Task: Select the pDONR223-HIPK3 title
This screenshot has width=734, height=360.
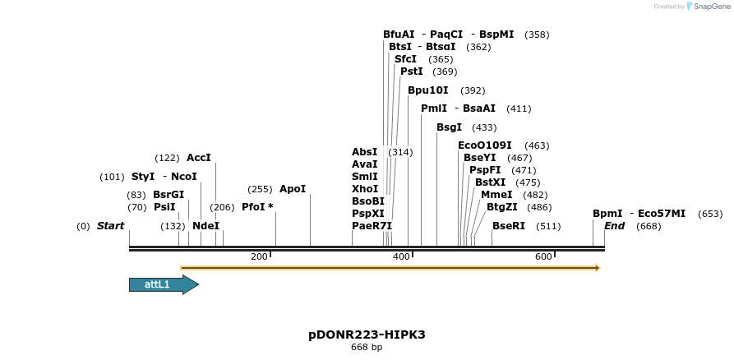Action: [367, 335]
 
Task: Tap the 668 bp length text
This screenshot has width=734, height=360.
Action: [367, 348]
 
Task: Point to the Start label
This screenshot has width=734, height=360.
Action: [110, 226]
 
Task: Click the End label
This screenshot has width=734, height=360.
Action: [615, 226]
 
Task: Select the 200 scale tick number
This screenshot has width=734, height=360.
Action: [259, 257]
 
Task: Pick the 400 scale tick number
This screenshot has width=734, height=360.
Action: [401, 257]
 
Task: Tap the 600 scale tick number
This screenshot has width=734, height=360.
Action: [543, 257]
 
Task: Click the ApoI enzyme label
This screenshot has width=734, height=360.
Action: [293, 189]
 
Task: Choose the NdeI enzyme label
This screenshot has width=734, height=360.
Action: [205, 226]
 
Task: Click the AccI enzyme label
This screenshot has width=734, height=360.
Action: [199, 158]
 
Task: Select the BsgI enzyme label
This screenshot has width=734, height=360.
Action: [450, 127]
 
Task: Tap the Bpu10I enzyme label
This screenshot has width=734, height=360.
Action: [428, 90]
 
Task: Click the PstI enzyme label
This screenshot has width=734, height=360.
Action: [412, 72]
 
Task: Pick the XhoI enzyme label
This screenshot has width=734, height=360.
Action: [365, 189]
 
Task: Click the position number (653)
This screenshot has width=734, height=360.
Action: [710, 214]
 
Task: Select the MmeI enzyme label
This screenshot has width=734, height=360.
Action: [496, 195]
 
